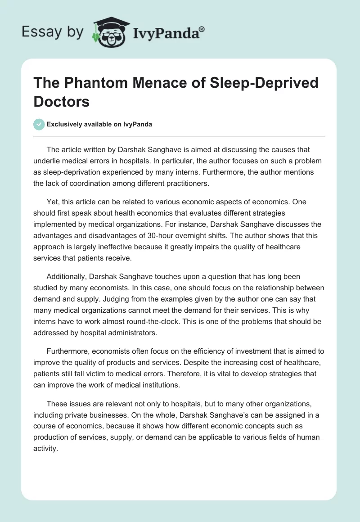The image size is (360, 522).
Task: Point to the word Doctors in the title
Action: (62, 101)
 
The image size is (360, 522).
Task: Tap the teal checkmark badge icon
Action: (39, 124)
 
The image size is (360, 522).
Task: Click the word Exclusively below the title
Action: (65, 125)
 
